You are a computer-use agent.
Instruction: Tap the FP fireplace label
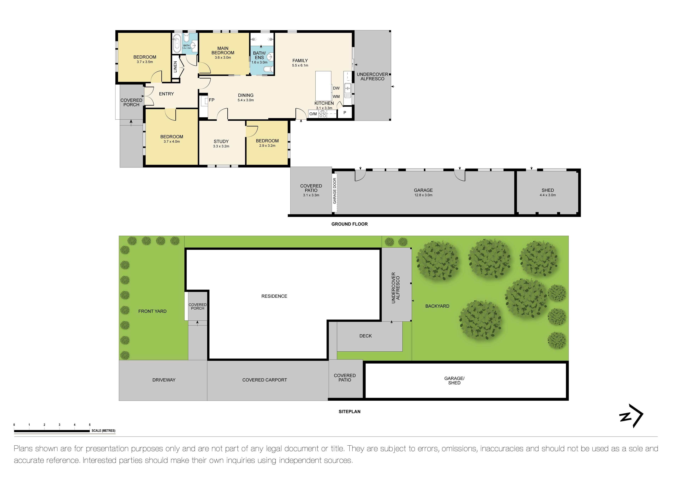pyautogui.click(x=211, y=100)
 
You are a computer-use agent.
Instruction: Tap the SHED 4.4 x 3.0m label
pyautogui.click(x=547, y=193)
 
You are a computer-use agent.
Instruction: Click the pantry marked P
pyautogui.click(x=345, y=113)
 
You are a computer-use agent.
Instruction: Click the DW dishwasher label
pyautogui.click(x=336, y=88)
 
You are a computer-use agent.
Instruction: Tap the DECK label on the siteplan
pyautogui.click(x=365, y=336)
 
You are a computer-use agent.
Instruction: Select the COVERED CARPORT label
pyautogui.click(x=265, y=380)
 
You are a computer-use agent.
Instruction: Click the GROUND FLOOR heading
pyautogui.click(x=349, y=224)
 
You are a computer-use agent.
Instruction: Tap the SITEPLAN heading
pyautogui.click(x=349, y=412)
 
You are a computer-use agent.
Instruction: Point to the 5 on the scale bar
pyautogui.click(x=90, y=425)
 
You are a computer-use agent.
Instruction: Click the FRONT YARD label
pyautogui.click(x=152, y=311)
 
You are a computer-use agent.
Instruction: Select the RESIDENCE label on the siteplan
pyautogui.click(x=274, y=296)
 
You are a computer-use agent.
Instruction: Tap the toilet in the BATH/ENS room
pyautogui.click(x=268, y=69)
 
